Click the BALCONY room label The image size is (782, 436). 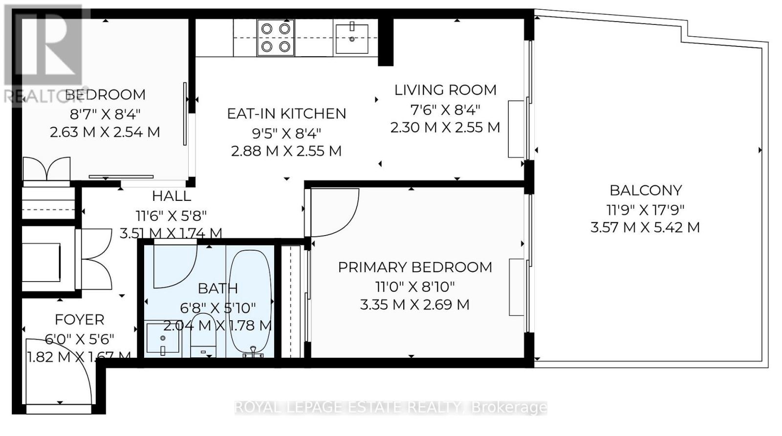click(x=646, y=191)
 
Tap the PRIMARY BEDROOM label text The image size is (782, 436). click(x=415, y=267)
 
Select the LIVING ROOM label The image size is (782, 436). click(x=445, y=90)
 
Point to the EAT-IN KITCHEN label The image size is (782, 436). click(x=286, y=114)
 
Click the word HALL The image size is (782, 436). click(x=172, y=196)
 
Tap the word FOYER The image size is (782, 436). click(x=80, y=320)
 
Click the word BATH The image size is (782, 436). click(x=218, y=289)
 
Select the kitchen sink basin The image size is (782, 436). click(x=352, y=39)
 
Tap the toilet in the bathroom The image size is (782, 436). click(x=203, y=335)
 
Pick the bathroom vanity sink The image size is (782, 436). click(x=163, y=338)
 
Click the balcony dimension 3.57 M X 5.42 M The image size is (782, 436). click(x=645, y=228)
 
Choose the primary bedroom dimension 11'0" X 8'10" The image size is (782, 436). click(x=415, y=287)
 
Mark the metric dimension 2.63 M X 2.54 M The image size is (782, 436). click(x=105, y=132)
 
